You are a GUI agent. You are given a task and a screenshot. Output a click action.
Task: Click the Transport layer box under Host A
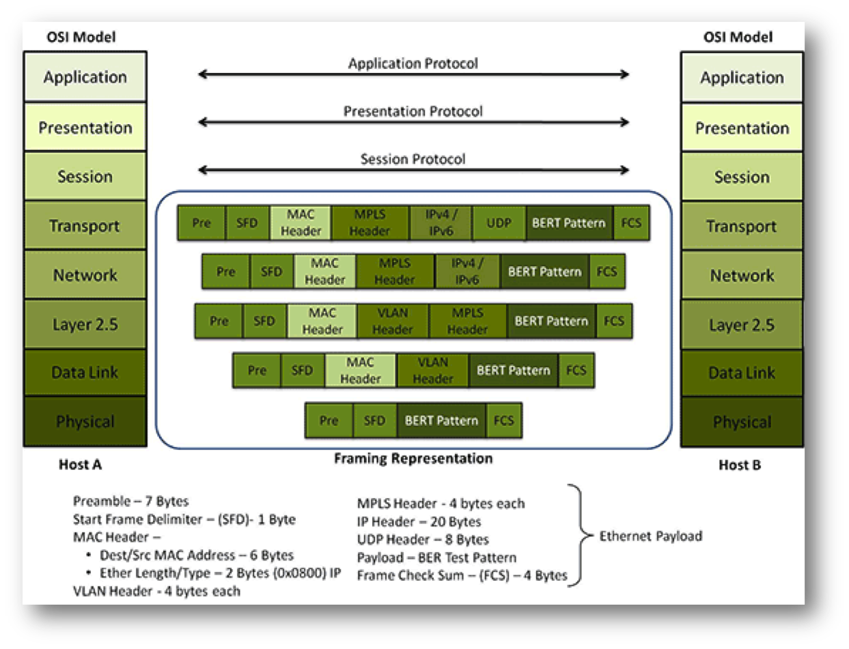[x=85, y=225]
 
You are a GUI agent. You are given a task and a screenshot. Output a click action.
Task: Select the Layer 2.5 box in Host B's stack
[x=741, y=325]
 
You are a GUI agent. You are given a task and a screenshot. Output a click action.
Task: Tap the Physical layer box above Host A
[x=85, y=421]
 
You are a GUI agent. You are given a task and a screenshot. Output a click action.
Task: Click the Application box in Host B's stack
[x=741, y=78]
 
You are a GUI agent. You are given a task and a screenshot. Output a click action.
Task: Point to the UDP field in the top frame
[x=499, y=223]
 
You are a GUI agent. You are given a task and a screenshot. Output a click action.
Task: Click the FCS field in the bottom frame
[x=503, y=420]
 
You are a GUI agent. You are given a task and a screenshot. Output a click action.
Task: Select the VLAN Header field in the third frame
[x=393, y=321]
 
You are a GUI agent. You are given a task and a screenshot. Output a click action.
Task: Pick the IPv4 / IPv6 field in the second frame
[x=467, y=272]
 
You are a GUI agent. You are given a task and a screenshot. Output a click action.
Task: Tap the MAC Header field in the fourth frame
[x=360, y=370]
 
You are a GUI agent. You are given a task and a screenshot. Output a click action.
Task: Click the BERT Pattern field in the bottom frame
[x=441, y=420]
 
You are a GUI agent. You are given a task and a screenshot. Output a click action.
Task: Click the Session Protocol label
[x=413, y=159]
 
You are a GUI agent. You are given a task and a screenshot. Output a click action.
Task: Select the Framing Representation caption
[x=413, y=459]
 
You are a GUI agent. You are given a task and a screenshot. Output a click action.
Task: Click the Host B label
[x=739, y=465]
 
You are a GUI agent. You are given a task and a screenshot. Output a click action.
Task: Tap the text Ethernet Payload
[x=650, y=536]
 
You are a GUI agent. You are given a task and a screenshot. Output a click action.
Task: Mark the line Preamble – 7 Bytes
[x=130, y=502]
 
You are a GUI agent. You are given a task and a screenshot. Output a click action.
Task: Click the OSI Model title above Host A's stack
[x=84, y=36]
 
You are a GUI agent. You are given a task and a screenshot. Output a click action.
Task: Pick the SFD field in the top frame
[x=247, y=223]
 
